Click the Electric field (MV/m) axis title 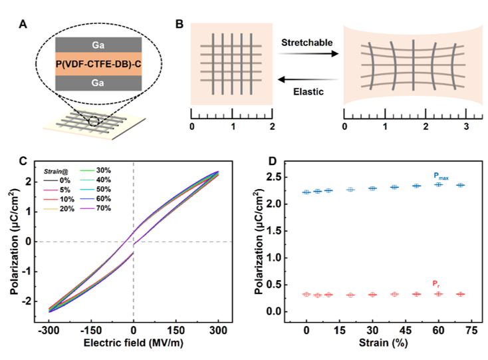point(134,345)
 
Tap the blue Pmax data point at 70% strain point(459,185)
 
